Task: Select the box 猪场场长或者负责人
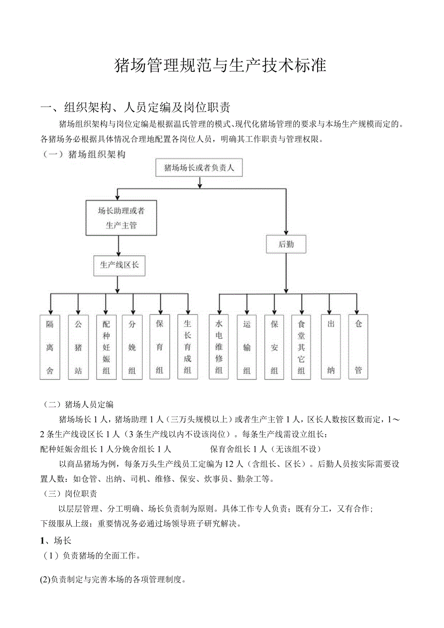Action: pos(199,168)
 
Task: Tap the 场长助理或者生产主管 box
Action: pos(121,218)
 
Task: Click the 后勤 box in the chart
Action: pos(286,244)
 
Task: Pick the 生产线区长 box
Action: pos(119,265)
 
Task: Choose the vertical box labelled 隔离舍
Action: pos(50,347)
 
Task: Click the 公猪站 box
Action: pos(78,347)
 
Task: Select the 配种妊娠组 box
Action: pos(106,347)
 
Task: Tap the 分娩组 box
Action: pos(132,347)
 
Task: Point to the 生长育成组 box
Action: pos(188,347)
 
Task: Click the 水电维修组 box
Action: pos(219,347)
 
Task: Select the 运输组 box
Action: pos(247,347)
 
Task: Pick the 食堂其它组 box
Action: pos(301,347)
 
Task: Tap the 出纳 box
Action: pos(331,347)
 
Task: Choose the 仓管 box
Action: pos(358,347)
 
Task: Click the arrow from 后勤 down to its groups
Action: pos(286,273)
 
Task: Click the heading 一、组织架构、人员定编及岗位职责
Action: pos(139,107)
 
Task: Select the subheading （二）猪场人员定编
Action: pos(78,405)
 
